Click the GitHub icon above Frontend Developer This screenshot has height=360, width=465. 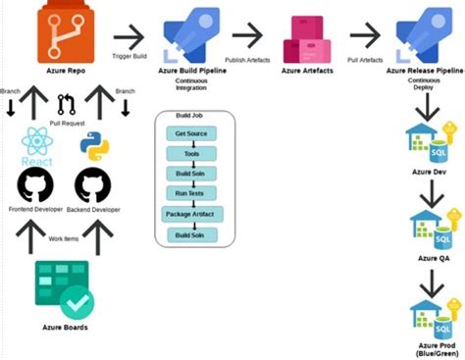(36, 184)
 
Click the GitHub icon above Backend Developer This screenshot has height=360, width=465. (92, 184)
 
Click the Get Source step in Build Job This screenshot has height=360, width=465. (191, 132)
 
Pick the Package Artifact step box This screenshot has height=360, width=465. (191, 214)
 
